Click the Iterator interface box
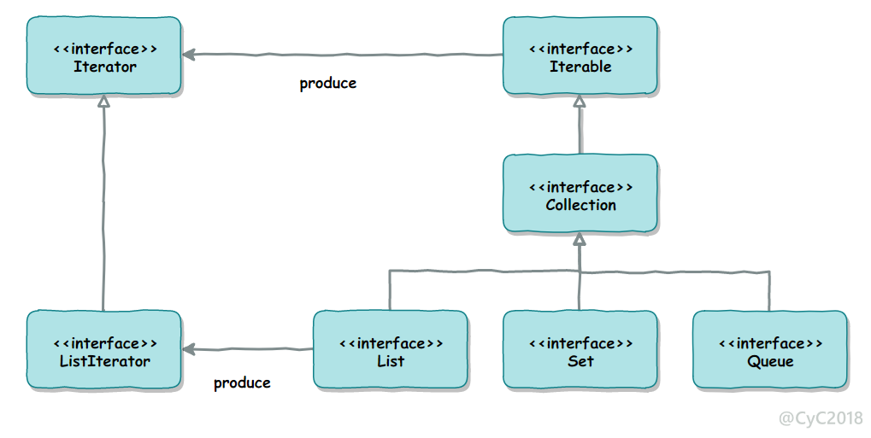[x=104, y=55]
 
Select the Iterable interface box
[x=580, y=55]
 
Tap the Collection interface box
[x=580, y=193]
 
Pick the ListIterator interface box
[x=104, y=350]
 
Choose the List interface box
[x=390, y=350]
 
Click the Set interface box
[x=580, y=350]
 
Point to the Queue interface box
[x=770, y=350]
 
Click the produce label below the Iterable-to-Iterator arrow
[x=327, y=84]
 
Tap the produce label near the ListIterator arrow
[x=242, y=383]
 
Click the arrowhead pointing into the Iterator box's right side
[x=188, y=55]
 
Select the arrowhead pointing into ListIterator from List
[x=188, y=349]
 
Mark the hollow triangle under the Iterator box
[x=103, y=101]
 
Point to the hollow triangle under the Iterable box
[x=580, y=101]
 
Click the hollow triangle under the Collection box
[x=580, y=239]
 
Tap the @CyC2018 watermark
[x=821, y=418]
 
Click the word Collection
[x=580, y=205]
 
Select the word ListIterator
[x=104, y=361]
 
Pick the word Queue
[x=770, y=362]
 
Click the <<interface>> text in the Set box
[x=580, y=343]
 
